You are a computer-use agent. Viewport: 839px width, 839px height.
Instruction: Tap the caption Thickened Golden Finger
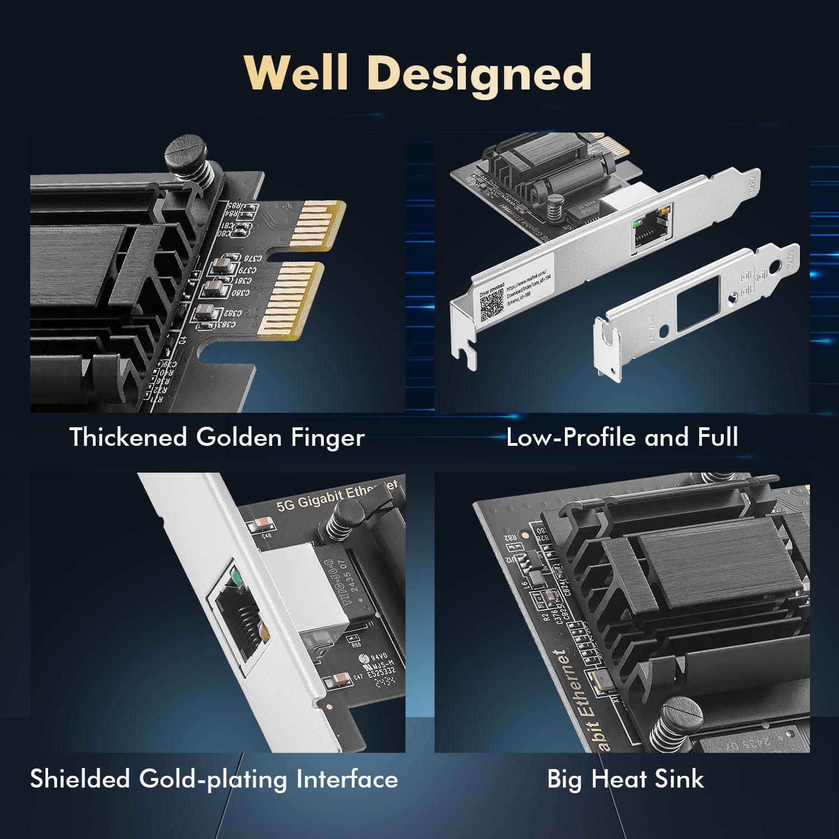pos(216,437)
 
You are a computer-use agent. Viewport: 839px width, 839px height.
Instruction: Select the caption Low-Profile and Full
pos(622,437)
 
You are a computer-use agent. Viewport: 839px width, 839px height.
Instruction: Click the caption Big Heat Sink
pos(625,779)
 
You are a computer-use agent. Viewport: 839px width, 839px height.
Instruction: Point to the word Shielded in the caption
pos(79,779)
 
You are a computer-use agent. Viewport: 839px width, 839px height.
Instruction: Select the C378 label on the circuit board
pos(252,258)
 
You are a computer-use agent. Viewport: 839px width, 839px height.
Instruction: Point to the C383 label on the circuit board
pos(225,324)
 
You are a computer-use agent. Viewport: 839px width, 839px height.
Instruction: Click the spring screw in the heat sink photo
pos(675,722)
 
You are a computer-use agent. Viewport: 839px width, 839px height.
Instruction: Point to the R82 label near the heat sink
pos(510,538)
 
